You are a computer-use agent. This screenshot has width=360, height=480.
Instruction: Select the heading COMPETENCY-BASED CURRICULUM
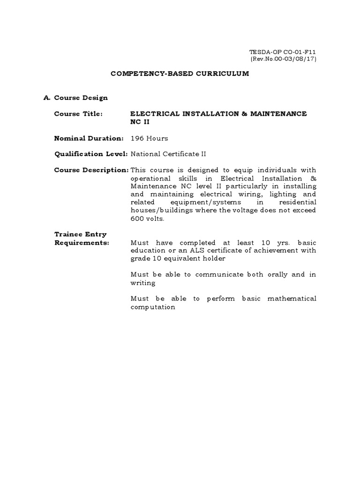click(x=180, y=74)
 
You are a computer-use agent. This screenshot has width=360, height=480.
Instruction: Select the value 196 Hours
click(x=149, y=138)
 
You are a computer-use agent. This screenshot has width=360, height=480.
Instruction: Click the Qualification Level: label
click(x=91, y=154)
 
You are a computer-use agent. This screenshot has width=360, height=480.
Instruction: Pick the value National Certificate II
click(x=168, y=154)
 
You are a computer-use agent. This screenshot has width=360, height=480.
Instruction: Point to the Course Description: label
click(x=91, y=170)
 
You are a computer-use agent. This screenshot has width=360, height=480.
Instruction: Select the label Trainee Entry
click(x=81, y=234)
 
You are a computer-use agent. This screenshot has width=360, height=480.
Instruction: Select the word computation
click(x=153, y=307)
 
